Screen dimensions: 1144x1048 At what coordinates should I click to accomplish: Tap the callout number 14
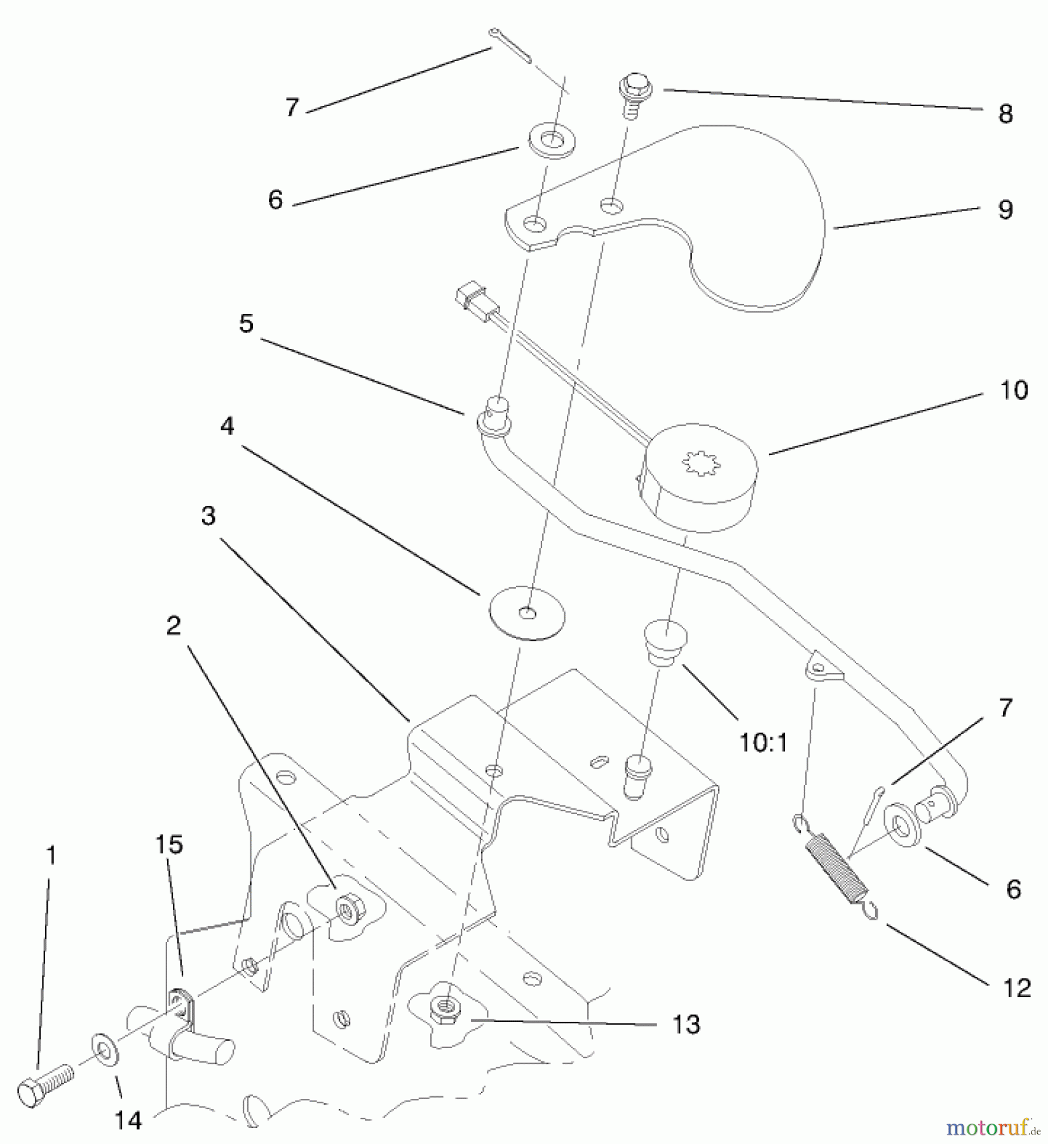[128, 1120]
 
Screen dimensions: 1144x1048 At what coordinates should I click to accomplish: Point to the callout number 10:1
[763, 741]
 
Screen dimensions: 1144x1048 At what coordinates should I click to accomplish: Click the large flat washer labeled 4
[527, 614]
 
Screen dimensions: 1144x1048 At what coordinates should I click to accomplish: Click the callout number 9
[1005, 210]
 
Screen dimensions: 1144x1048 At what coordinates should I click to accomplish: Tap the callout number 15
[168, 845]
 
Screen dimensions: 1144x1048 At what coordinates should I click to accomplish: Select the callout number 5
[246, 323]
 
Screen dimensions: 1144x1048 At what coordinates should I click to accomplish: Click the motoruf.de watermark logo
[991, 1127]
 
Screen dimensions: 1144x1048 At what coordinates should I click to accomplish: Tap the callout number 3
[208, 517]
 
